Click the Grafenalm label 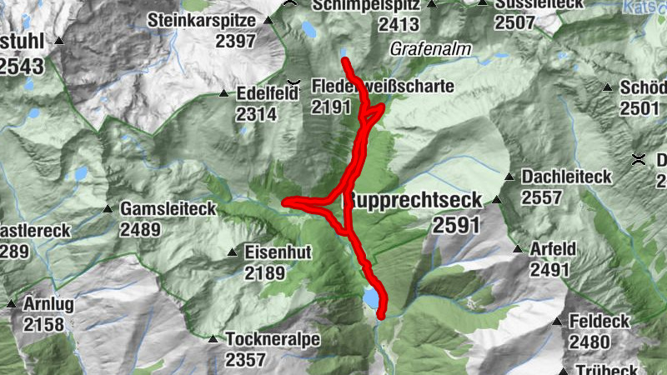click(430, 49)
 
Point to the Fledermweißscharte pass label click(383, 86)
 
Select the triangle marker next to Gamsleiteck click(108, 208)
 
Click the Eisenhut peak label click(271, 251)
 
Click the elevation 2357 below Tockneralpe click(244, 360)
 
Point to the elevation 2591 click(457, 225)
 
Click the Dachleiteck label click(567, 177)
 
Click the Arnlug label click(49, 303)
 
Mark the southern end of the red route click(381, 316)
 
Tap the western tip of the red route click(286, 202)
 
